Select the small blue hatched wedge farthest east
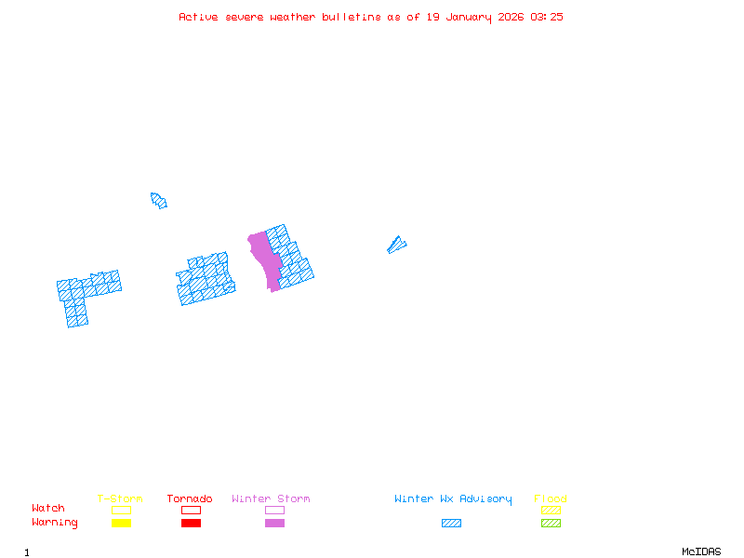point(396,246)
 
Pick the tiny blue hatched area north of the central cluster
point(158,200)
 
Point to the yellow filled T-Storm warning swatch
point(121,524)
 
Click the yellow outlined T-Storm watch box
point(121,510)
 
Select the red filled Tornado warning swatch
point(191,524)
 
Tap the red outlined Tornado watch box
point(191,510)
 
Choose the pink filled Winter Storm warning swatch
point(274,524)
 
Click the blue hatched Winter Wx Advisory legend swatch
point(451,524)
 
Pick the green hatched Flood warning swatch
point(551,524)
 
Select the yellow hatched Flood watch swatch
point(551,510)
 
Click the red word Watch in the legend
point(48,509)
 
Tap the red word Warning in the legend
point(55,523)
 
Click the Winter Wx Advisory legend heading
point(453,499)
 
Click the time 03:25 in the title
point(547,17)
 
